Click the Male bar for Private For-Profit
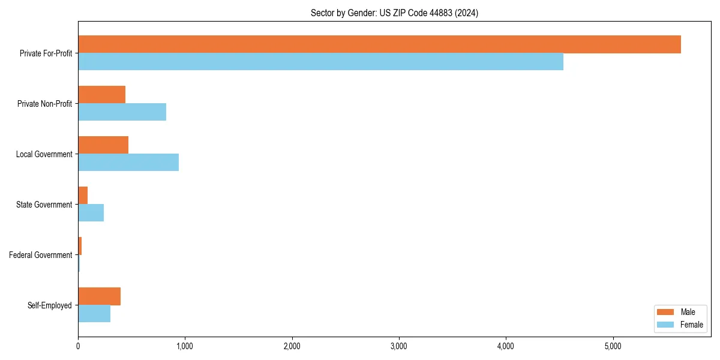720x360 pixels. point(379,44)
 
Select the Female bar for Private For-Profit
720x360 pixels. point(320,62)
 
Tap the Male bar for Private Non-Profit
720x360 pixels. point(101,95)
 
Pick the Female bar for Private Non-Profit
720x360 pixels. point(122,112)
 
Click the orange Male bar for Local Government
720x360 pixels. point(103,145)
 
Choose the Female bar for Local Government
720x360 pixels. point(128,163)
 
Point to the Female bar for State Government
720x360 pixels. point(91,213)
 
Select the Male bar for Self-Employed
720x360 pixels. point(99,296)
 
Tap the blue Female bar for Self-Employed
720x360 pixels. point(94,314)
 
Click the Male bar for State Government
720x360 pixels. point(83,196)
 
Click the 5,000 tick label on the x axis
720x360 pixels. point(613,346)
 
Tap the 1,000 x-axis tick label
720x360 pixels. point(185,346)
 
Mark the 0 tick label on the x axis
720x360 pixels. point(78,346)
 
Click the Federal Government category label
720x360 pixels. point(41,255)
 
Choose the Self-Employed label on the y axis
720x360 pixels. point(50,305)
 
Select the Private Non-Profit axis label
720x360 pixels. point(44,104)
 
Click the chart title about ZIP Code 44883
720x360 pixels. point(394,13)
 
